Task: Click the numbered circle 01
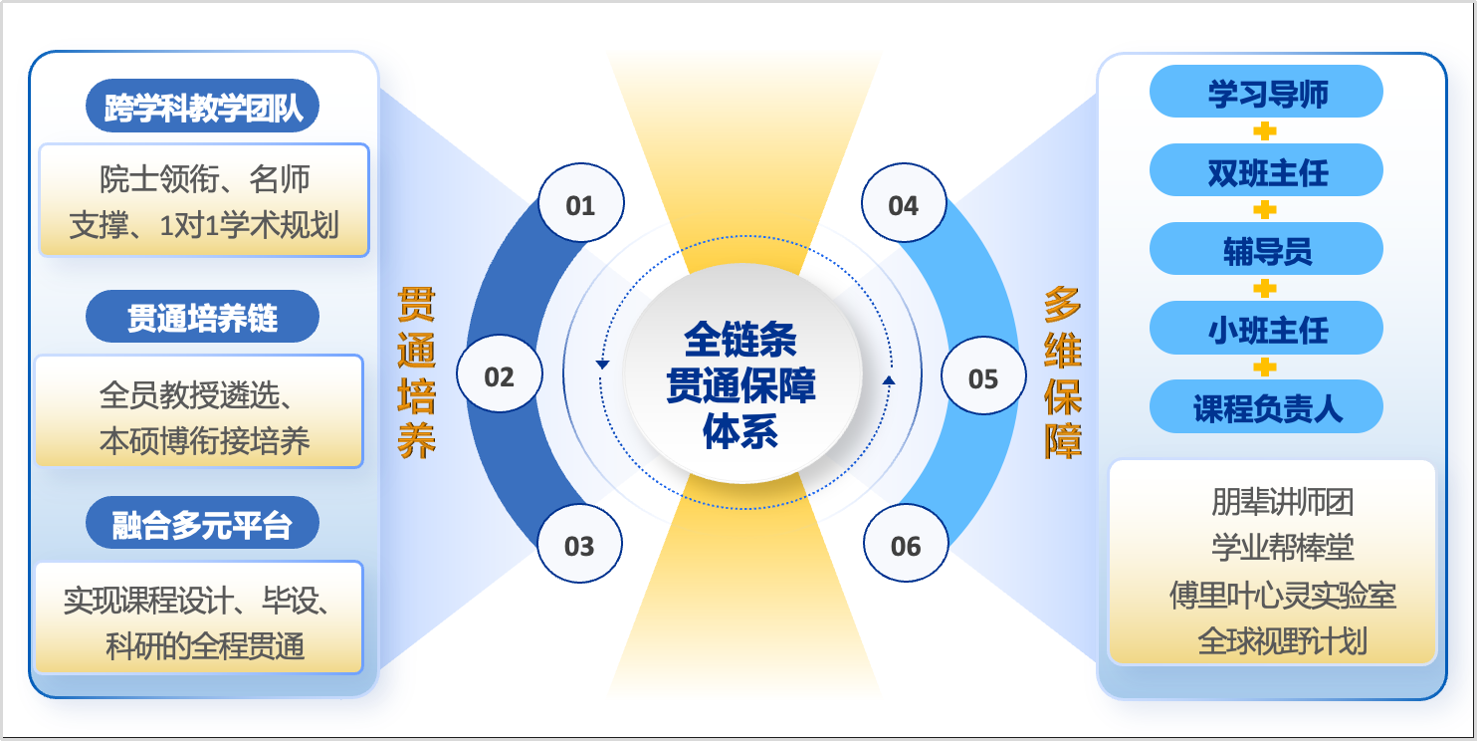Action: pyautogui.click(x=580, y=205)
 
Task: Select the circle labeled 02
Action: pyautogui.click(x=499, y=376)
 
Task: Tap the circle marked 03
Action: pyautogui.click(x=579, y=546)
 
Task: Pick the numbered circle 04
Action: pyautogui.click(x=904, y=205)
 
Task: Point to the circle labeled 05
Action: pyautogui.click(x=983, y=377)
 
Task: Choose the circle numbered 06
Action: pyautogui.click(x=906, y=546)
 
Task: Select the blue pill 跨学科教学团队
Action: pyautogui.click(x=203, y=107)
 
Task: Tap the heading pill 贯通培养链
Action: pyautogui.click(x=203, y=319)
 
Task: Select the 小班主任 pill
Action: pyautogui.click(x=1266, y=328)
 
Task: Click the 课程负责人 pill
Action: pyautogui.click(x=1266, y=406)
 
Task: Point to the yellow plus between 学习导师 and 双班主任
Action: pyautogui.click(x=1265, y=131)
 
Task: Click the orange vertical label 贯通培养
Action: pyautogui.click(x=417, y=372)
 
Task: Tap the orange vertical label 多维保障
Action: pyautogui.click(x=1063, y=372)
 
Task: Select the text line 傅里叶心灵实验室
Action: pyautogui.click(x=1282, y=595)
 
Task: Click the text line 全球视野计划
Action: pyautogui.click(x=1282, y=640)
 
